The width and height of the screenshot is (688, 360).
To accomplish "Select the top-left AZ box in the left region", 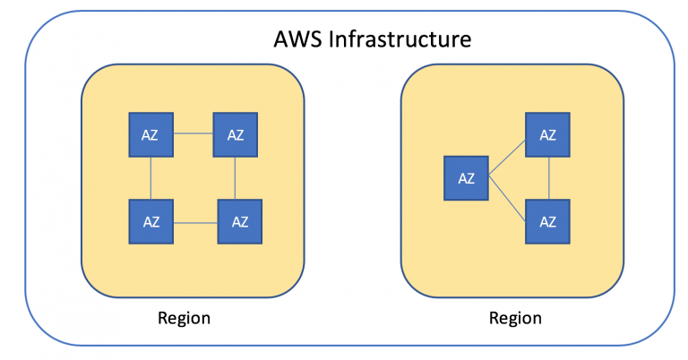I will pos(150,134).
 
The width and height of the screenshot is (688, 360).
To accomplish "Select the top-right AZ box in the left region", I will pos(236,134).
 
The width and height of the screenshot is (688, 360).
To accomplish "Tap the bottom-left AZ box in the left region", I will pos(150,222).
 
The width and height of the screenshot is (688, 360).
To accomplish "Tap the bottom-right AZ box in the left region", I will pos(240,222).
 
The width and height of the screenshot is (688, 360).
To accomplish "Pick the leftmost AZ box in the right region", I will pos(466,177).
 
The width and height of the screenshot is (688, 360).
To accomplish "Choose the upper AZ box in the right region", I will pos(547,135).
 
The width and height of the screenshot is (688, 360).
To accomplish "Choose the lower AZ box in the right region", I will pos(547,220).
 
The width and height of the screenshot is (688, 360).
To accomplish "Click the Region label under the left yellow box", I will pos(184,318).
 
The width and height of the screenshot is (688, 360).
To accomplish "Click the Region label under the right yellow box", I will pos(515,318).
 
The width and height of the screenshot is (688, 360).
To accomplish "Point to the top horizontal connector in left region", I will pos(193,134).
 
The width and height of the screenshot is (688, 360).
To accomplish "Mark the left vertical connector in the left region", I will pos(150,178).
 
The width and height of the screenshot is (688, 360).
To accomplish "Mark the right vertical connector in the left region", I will pos(236,178).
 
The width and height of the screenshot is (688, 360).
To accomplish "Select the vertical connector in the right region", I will pos(547,177).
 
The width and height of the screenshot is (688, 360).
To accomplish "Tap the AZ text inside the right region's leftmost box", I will pos(466,177).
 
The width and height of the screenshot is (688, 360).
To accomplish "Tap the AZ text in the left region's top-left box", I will pos(150,134).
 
